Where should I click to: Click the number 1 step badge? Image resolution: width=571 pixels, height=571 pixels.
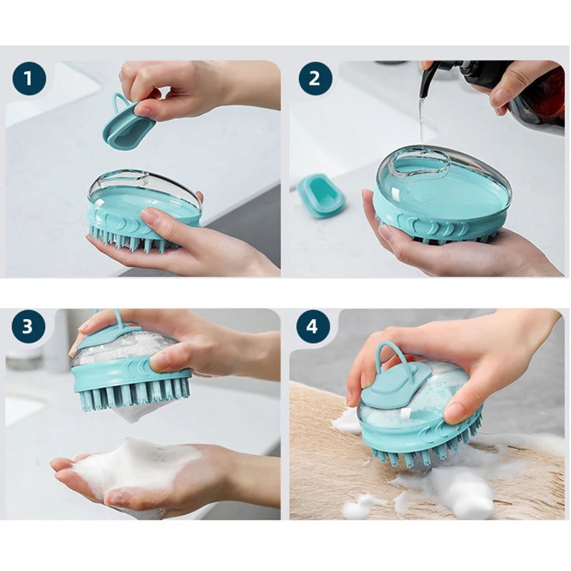coord(29,79)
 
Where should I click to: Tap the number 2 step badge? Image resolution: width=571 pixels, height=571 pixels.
coord(315,79)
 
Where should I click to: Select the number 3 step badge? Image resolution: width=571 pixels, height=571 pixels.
coord(29,326)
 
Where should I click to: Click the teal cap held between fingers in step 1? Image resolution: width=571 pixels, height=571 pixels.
coord(128,126)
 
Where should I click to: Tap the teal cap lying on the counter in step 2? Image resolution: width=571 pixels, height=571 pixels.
coord(320,195)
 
